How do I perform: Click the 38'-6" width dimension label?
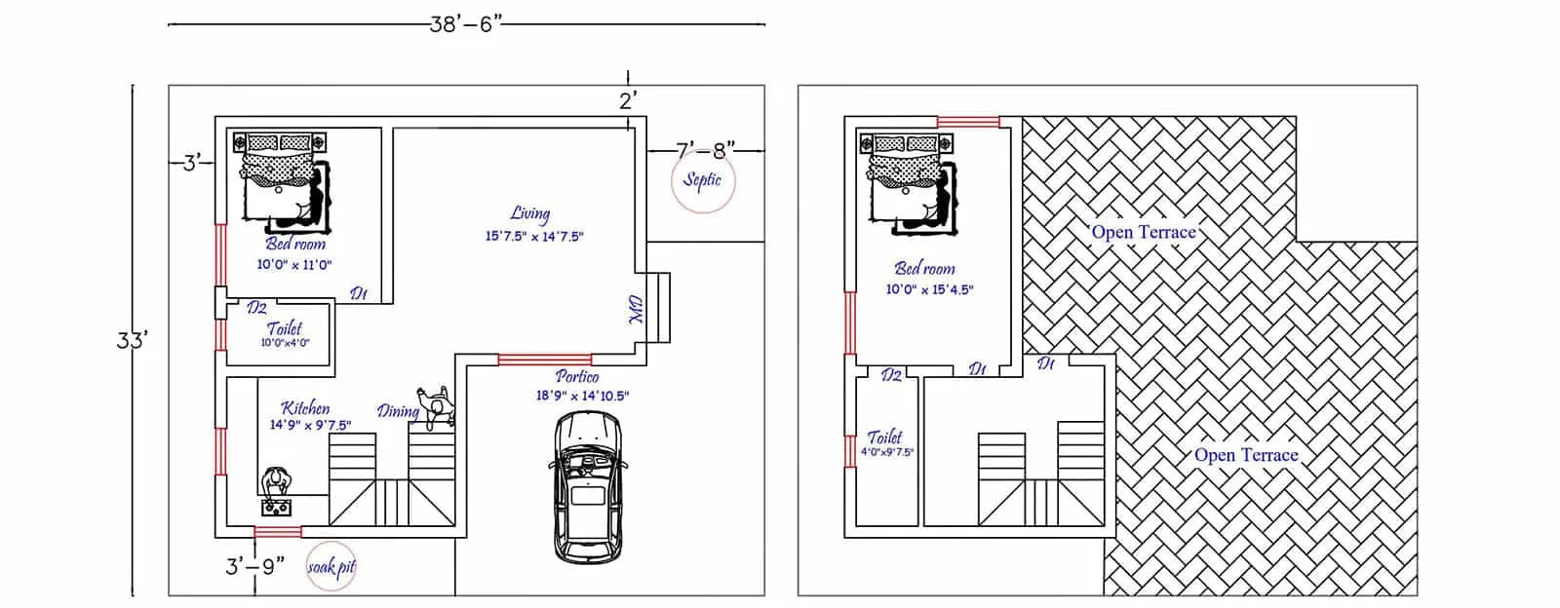click(x=465, y=24)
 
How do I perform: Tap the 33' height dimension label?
click(x=132, y=341)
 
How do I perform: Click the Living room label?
click(x=530, y=214)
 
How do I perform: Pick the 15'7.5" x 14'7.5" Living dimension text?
click(x=534, y=237)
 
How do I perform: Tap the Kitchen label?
click(x=305, y=407)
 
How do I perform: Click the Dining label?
click(x=398, y=412)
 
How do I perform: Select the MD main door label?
click(x=635, y=310)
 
